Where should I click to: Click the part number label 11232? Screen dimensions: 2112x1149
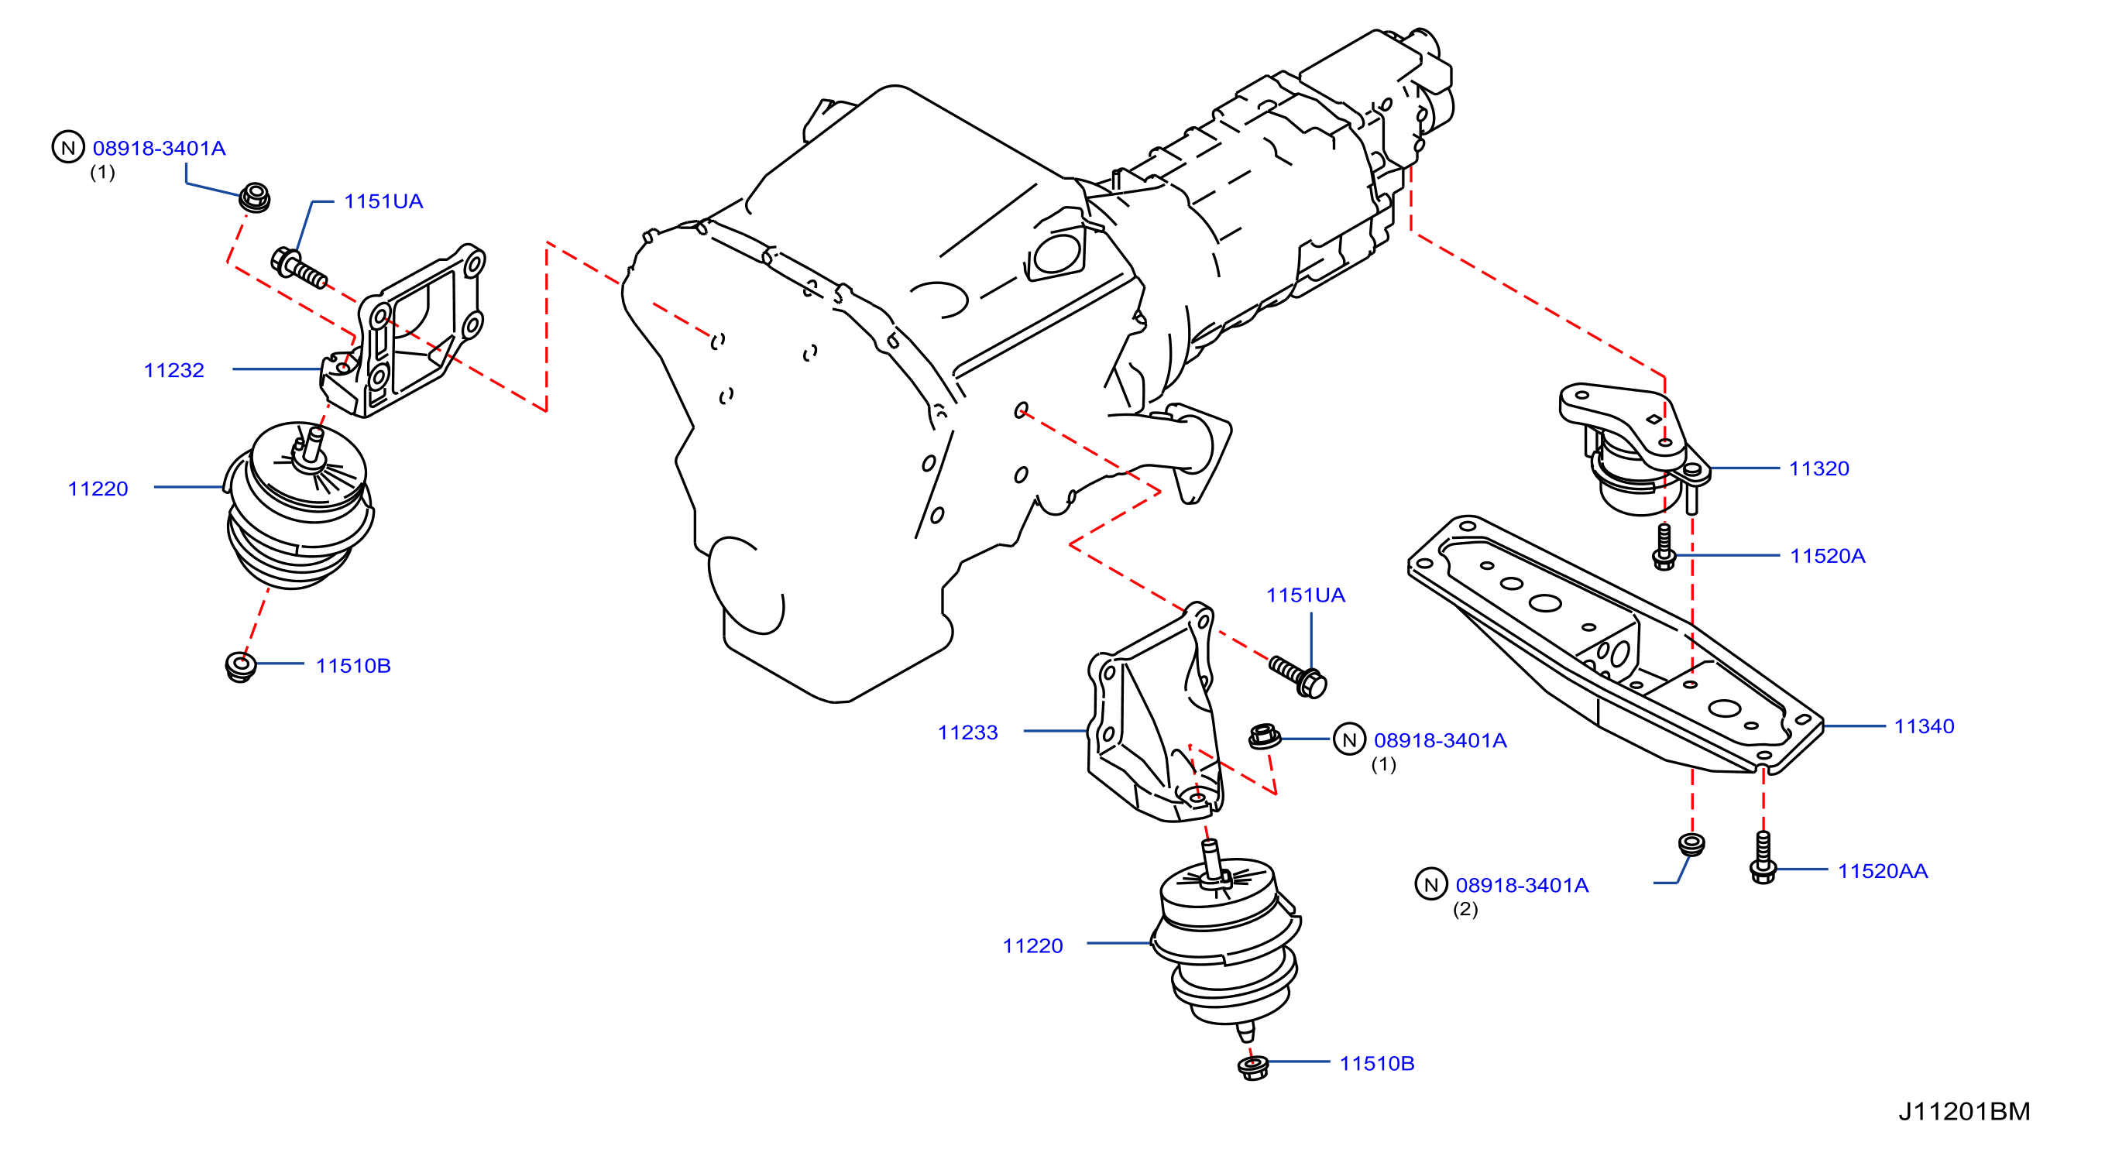tap(173, 370)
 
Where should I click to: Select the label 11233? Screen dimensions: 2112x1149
tap(967, 732)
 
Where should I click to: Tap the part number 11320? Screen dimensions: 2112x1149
tap(1818, 468)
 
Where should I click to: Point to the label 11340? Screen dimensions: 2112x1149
tap(1924, 726)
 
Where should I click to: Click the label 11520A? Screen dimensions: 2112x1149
tap(1828, 557)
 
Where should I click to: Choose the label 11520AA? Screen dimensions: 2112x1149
tap(1883, 871)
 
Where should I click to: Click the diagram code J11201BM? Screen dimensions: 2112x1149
tap(1964, 1111)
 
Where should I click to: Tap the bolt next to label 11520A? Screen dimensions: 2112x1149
tap(1664, 547)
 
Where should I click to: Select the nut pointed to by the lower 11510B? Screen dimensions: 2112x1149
tap(1253, 1067)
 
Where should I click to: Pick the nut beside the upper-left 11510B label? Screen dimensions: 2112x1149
tap(240, 667)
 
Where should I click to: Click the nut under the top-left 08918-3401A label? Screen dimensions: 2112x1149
tap(254, 198)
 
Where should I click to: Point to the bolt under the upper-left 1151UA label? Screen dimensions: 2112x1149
tap(298, 267)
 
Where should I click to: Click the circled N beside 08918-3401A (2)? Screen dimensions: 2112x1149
tap(1430, 885)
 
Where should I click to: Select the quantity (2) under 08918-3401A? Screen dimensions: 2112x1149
tap(1465, 909)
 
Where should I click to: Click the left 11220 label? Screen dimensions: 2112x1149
tap(98, 489)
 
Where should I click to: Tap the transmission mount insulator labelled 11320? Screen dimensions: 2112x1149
tap(1632, 448)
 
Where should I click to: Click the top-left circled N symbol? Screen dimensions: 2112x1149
tap(68, 148)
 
